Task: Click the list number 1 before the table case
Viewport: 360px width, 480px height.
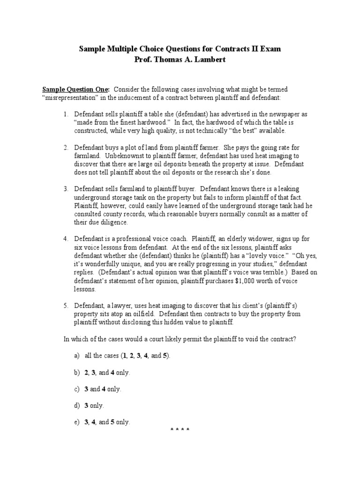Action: pos(66,114)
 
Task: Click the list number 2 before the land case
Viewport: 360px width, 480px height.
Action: pos(66,148)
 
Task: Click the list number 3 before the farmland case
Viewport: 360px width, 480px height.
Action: pos(66,189)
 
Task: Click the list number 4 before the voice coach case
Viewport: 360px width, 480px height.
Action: pos(66,239)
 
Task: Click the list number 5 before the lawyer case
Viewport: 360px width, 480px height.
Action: pos(66,306)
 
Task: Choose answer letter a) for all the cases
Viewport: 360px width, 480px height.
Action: pos(76,356)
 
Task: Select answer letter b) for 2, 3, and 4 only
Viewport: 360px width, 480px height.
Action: pos(76,373)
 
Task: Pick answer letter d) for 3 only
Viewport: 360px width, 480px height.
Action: pos(76,405)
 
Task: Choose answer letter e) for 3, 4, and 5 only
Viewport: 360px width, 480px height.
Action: pos(76,422)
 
